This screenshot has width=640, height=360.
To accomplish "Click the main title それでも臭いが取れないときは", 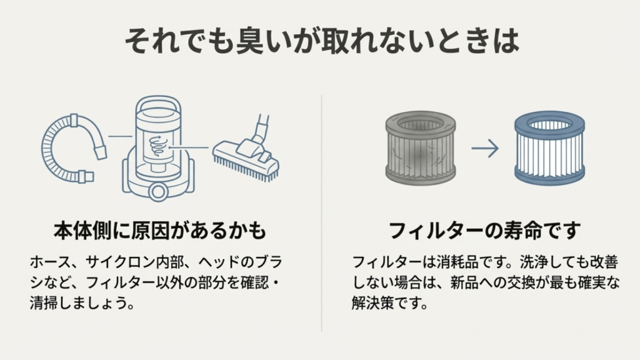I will click(320, 42).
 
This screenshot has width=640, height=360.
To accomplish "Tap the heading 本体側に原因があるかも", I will click(159, 231).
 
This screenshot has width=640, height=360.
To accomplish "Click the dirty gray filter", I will click(419, 147).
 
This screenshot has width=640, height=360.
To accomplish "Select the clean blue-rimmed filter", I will click(549, 147).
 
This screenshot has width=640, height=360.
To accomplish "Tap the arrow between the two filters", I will click(484, 148).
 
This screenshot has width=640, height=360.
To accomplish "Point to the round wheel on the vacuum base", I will click(159, 189).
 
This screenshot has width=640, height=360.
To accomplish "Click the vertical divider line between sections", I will click(321, 212).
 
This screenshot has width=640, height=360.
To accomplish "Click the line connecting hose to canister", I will click(120, 135).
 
